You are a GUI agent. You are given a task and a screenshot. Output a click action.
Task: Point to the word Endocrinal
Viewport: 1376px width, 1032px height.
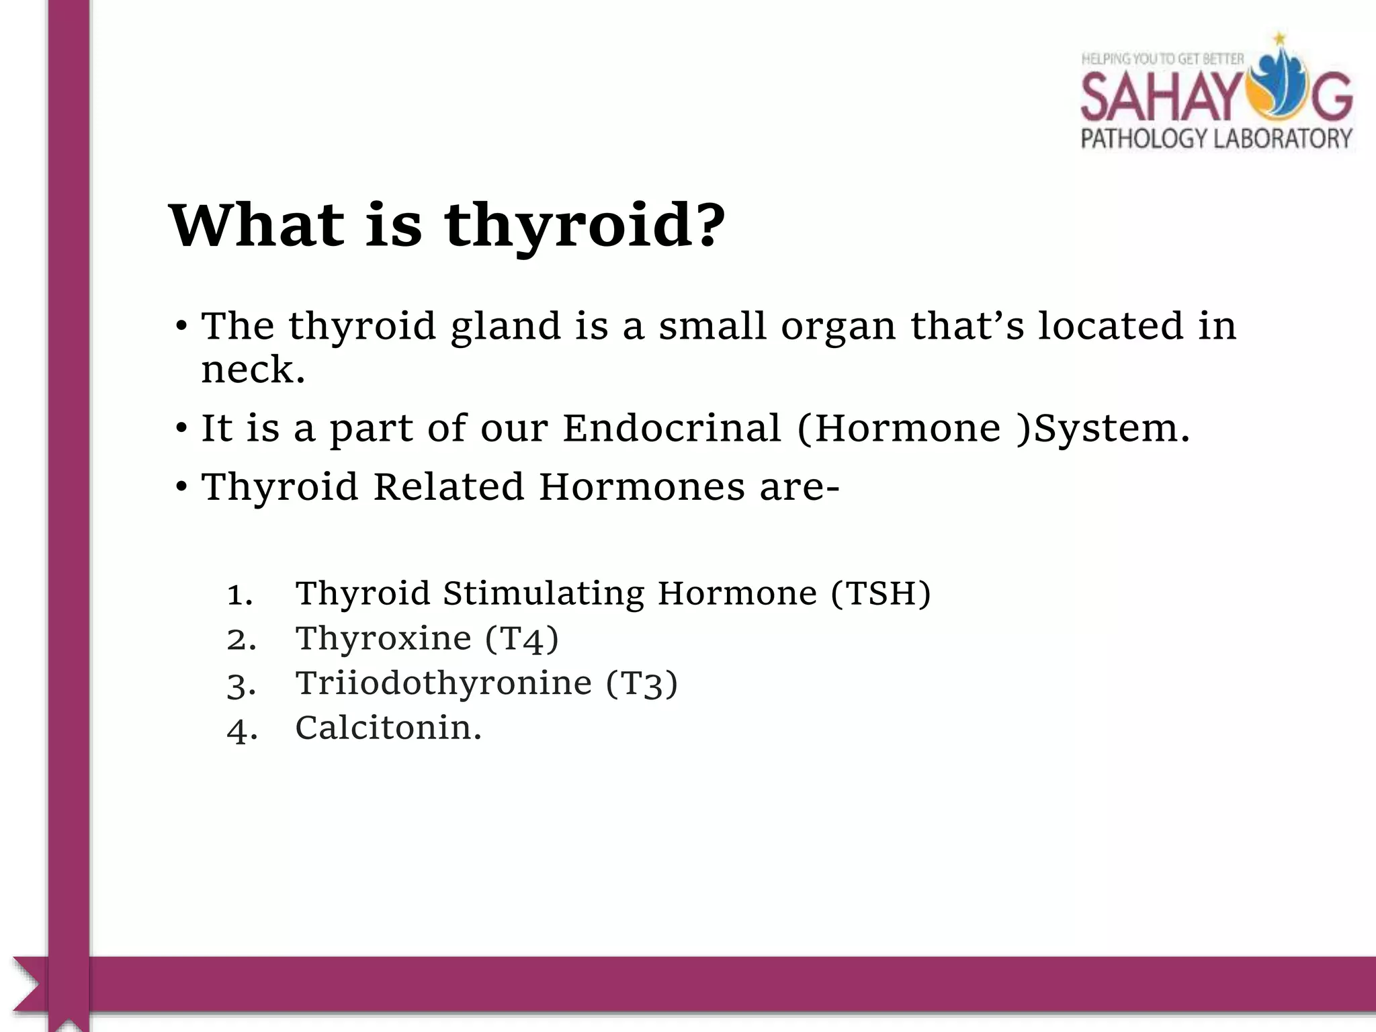click(x=672, y=428)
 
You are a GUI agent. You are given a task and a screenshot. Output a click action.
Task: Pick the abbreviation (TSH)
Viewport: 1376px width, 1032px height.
click(x=881, y=593)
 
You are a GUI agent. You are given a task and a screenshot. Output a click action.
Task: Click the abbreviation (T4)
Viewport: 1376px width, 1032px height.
click(x=521, y=638)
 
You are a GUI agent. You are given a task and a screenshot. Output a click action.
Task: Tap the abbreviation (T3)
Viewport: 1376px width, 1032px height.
click(x=642, y=683)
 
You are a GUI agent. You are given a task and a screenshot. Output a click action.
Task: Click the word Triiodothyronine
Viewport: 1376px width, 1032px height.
click(x=443, y=683)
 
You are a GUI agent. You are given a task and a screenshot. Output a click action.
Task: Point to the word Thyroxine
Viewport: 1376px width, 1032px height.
click(x=384, y=638)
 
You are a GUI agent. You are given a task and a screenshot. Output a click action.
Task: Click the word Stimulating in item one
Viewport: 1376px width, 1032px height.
click(x=543, y=593)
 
